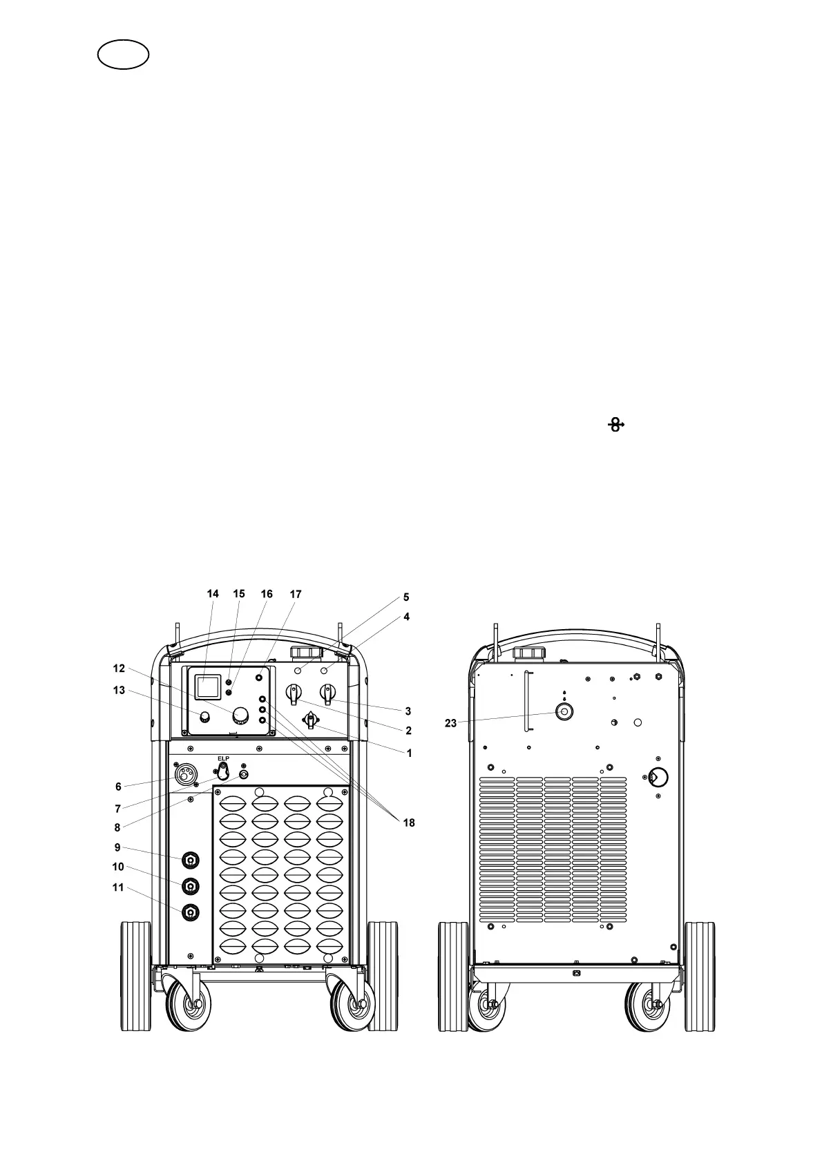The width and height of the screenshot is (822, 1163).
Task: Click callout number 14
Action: (213, 594)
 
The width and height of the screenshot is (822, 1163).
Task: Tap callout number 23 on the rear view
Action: (450, 723)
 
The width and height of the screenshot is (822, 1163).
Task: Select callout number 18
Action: (409, 823)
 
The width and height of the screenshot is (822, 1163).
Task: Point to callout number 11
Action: (117, 887)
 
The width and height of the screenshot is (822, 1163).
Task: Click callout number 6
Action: (118, 786)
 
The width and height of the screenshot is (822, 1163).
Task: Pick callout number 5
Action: (406, 597)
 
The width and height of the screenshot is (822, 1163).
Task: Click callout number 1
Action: (409, 753)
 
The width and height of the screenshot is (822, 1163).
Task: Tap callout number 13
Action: (119, 690)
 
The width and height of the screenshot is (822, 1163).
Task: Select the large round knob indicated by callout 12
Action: (240, 714)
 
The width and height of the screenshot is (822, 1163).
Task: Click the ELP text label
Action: (223, 758)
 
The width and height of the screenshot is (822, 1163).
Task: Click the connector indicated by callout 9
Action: (190, 860)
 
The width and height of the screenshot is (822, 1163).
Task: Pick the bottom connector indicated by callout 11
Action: (190, 912)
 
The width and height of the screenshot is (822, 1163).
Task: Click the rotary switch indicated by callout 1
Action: (311, 721)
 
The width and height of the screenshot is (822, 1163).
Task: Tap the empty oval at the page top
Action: (124, 54)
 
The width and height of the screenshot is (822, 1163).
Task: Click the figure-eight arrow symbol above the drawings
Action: (615, 425)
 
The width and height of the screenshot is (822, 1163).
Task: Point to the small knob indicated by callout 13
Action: (204, 715)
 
